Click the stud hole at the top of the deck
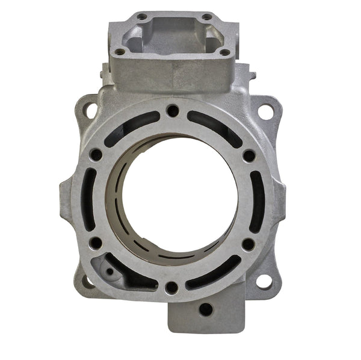(173, 111)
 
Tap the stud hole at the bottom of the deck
(171, 287)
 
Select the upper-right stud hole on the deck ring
(248, 155)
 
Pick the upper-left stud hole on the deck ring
(96, 155)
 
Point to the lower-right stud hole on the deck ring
(248, 244)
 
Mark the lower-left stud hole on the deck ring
(96, 243)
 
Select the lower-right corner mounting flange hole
(264, 281)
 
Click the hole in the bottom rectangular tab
(206, 309)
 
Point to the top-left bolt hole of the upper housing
(142, 16)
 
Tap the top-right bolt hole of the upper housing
(207, 16)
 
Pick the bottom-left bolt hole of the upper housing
(120, 52)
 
